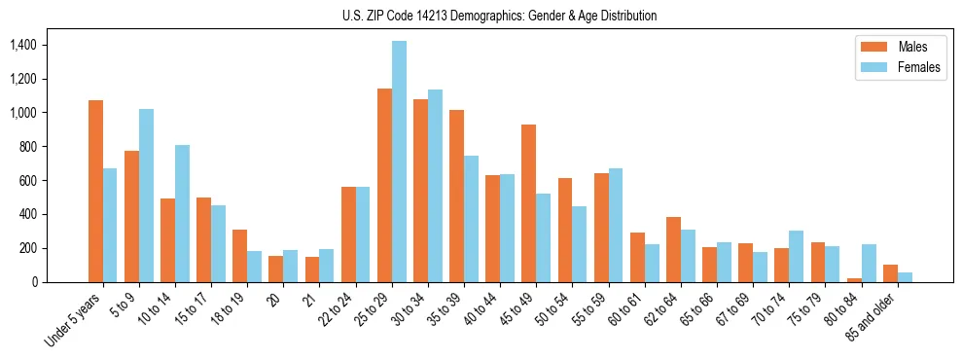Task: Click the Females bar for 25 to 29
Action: point(399,162)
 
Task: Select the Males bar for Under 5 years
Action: point(95,191)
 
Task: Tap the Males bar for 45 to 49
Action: point(529,203)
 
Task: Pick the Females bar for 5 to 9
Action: point(146,196)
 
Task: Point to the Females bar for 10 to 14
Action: point(182,213)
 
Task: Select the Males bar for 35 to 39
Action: point(456,196)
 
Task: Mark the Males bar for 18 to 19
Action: point(239,256)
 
